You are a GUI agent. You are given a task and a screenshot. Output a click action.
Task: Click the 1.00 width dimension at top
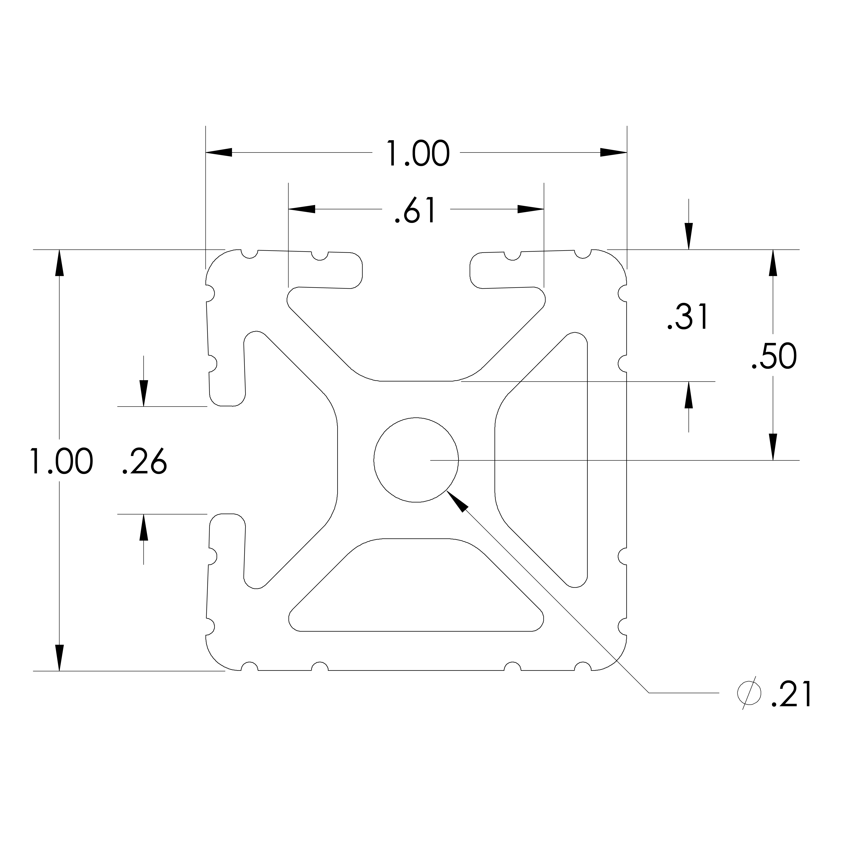(418, 154)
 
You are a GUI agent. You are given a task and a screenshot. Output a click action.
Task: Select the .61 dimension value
(415, 211)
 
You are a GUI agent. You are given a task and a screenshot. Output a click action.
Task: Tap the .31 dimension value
(688, 317)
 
